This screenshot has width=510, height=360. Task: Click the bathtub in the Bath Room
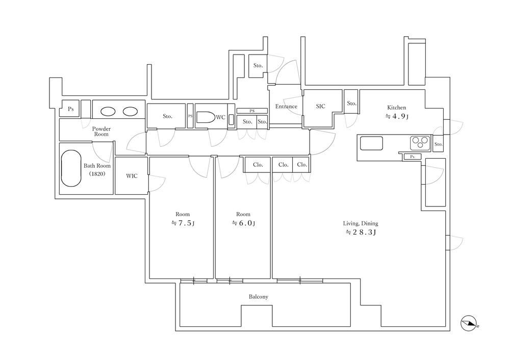click(x=71, y=168)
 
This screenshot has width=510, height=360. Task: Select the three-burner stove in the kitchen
click(x=420, y=142)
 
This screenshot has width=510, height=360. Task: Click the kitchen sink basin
click(x=371, y=143)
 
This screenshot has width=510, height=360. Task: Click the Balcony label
click(x=258, y=297)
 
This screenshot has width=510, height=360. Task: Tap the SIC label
click(x=320, y=106)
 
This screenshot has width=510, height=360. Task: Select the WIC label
click(x=132, y=176)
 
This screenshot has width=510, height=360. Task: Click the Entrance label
click(x=286, y=107)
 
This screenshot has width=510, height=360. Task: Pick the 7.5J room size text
click(x=183, y=223)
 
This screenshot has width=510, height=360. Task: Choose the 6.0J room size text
click(x=243, y=223)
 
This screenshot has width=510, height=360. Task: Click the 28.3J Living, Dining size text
click(x=361, y=232)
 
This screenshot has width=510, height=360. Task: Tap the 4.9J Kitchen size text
click(x=397, y=116)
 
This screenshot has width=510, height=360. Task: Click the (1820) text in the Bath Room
click(x=97, y=174)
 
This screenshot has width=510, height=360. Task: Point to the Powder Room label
click(x=101, y=132)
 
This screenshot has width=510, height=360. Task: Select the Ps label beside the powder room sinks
click(x=70, y=109)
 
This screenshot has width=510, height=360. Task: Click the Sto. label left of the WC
click(x=167, y=116)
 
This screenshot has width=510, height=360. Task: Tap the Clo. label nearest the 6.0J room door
click(x=258, y=165)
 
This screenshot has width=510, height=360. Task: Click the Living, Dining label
click(x=361, y=223)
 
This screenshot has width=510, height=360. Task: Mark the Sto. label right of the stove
click(x=439, y=144)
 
